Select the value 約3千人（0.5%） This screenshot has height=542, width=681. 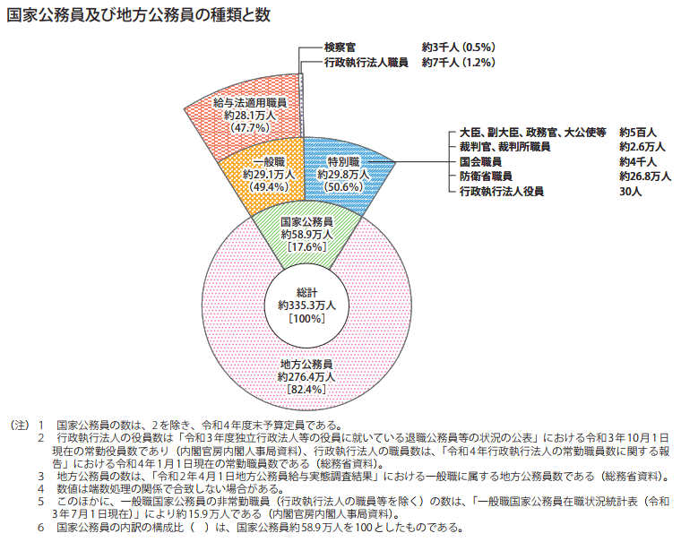coord(458,46)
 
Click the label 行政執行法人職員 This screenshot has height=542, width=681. coord(367,63)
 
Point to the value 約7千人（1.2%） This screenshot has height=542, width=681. coord(458,63)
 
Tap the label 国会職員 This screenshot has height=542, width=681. coord(479,161)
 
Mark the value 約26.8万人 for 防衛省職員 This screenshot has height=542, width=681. coord(645,176)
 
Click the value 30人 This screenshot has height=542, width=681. coord(630,192)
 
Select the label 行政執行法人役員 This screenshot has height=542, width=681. coord(501,192)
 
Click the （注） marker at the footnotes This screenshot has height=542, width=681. coord(19,424)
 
